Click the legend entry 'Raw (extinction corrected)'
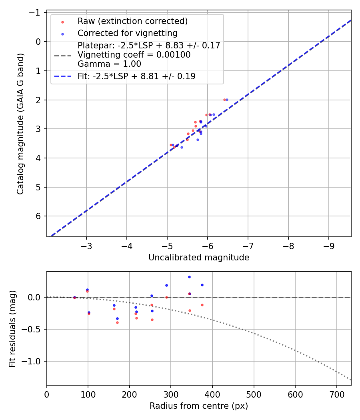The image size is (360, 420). pyautogui.click(x=132, y=21)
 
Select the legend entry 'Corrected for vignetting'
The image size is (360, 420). pyautogui.click(x=127, y=33)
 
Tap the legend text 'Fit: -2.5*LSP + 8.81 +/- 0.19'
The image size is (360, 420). pyautogui.click(x=136, y=76)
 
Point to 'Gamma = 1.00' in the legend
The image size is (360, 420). pyautogui.click(x=109, y=64)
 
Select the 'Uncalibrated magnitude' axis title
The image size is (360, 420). pyautogui.click(x=199, y=258)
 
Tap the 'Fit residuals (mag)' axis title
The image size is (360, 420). pyautogui.click(x=12, y=328)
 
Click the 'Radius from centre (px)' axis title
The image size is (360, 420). pyautogui.click(x=199, y=406)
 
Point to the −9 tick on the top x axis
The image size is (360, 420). pyautogui.click(x=329, y=245)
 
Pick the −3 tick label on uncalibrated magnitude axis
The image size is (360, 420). pyautogui.click(x=86, y=245)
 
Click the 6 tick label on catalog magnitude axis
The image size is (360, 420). pyautogui.click(x=39, y=216)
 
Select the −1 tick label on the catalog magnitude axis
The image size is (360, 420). pyautogui.click(x=36, y=13)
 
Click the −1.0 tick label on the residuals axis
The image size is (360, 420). pyautogui.click(x=33, y=361)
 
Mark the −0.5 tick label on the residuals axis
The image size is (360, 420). pyautogui.click(x=33, y=329)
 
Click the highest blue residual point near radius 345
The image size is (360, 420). pyautogui.click(x=189, y=277)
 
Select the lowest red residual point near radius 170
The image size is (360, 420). pyautogui.click(x=117, y=322)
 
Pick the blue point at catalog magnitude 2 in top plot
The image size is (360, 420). pyautogui.click(x=227, y=100)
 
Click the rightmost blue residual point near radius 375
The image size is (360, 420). pyautogui.click(x=202, y=285)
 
